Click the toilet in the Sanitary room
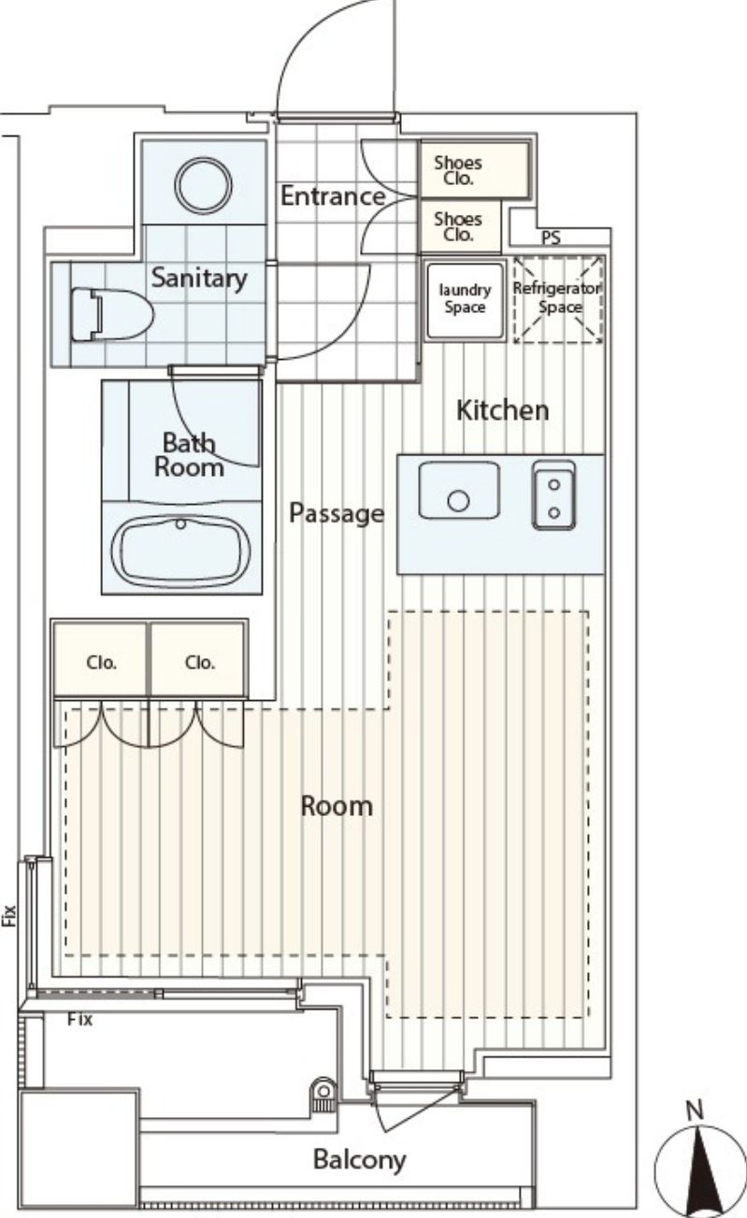pos(112,314)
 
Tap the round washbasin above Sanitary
pos(203,185)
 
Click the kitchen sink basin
pos(459,490)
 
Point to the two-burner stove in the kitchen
pos(553,495)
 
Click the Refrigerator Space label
pos(557,297)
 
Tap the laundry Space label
pos(465,298)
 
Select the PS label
pos(551,237)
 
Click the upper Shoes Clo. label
pos(458,170)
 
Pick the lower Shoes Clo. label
pos(458,227)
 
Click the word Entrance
pos(333,195)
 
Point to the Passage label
pos(337,513)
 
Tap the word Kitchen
pos(502,410)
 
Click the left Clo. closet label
pos(102,663)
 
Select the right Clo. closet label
pos(199,663)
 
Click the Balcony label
pos(359,1160)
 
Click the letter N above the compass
pos(695,1111)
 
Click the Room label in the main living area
pos(337,806)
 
